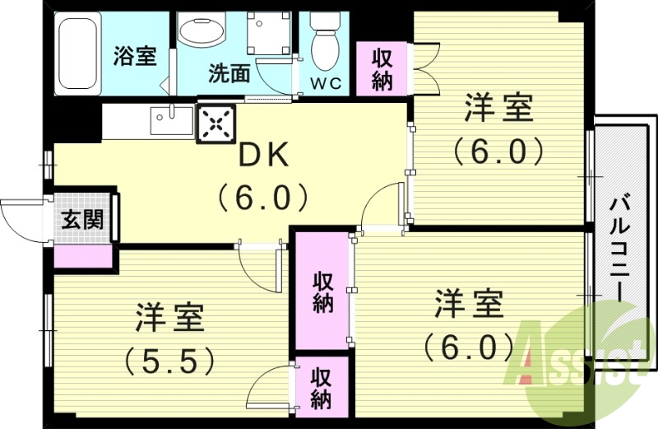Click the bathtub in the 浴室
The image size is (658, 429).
coord(76,53)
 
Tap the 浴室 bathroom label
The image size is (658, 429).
coord(134,56)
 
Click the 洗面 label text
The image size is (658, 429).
coord(229,74)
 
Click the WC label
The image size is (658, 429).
coord(330,82)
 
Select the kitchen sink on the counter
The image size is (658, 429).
coord(171,122)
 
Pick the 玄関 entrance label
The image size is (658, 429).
coord(81,220)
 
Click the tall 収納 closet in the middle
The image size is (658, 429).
coord(322,291)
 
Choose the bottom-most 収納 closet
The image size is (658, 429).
coord(321,388)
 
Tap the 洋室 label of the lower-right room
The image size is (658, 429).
coord(469,304)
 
